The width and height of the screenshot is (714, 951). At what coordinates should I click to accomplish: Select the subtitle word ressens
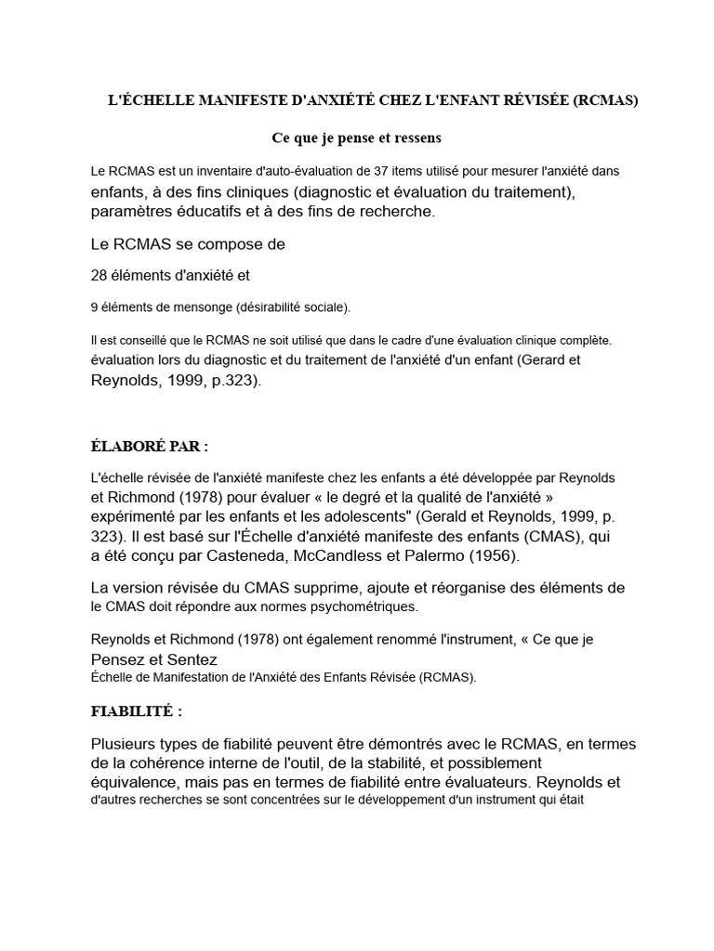click(x=414, y=137)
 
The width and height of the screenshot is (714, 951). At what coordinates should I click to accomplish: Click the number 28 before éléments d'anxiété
click(x=99, y=275)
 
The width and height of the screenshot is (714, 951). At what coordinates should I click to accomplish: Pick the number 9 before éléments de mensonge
click(x=95, y=306)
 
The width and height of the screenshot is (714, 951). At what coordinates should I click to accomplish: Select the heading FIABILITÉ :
click(x=136, y=711)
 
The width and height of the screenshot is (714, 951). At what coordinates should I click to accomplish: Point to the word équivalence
click(x=133, y=782)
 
